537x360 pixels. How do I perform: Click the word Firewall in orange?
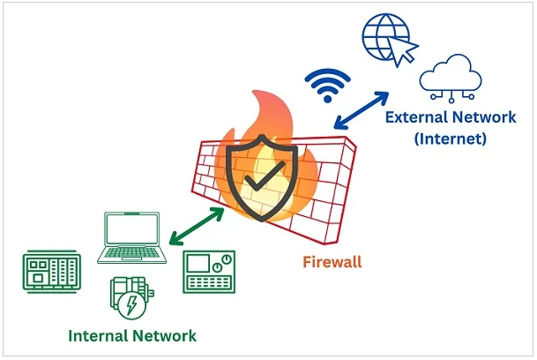click(x=332, y=262)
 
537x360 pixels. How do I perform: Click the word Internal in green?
click(x=101, y=335)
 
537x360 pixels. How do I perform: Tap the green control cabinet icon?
click(x=51, y=273)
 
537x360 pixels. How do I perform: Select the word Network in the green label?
click(x=165, y=335)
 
